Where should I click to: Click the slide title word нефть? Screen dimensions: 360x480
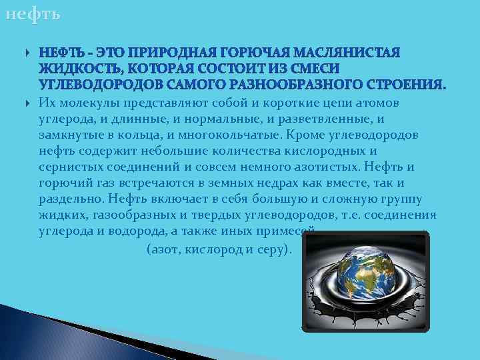click(31, 14)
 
